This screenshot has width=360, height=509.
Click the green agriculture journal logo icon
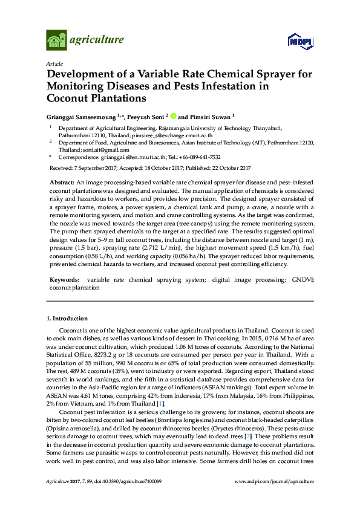coord(56,41)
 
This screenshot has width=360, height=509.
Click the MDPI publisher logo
coord(299,41)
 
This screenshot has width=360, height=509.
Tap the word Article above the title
coord(53,63)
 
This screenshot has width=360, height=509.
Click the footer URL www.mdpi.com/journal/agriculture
coord(274,481)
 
